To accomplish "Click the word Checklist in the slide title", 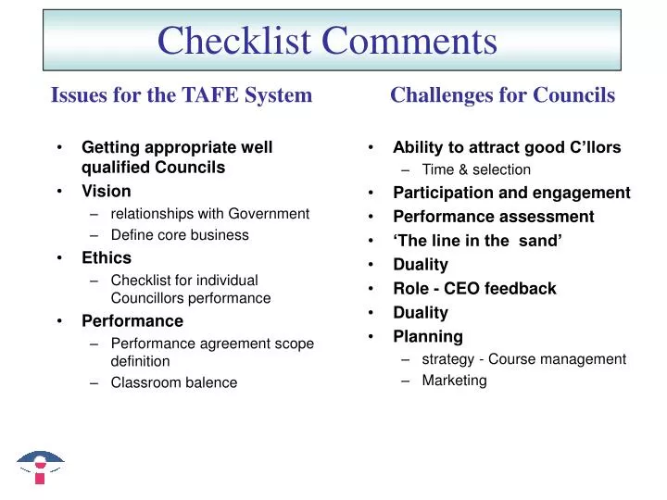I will [223, 41].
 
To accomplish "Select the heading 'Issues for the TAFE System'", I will [182, 94].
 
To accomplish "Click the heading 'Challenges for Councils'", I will [503, 94].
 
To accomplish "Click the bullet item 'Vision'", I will [107, 191].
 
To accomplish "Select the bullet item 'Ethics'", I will [107, 257].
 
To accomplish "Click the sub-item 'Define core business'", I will [180, 235].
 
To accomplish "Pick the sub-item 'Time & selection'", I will [476, 169].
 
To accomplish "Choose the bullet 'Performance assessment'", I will [494, 217].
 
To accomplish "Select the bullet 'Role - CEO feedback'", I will [474, 288].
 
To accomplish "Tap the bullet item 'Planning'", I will [428, 335].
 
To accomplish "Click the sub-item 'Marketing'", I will [454, 381].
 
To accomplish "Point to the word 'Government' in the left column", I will [269, 213].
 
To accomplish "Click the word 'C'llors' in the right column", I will [588, 147].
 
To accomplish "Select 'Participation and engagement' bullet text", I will [511, 193].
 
